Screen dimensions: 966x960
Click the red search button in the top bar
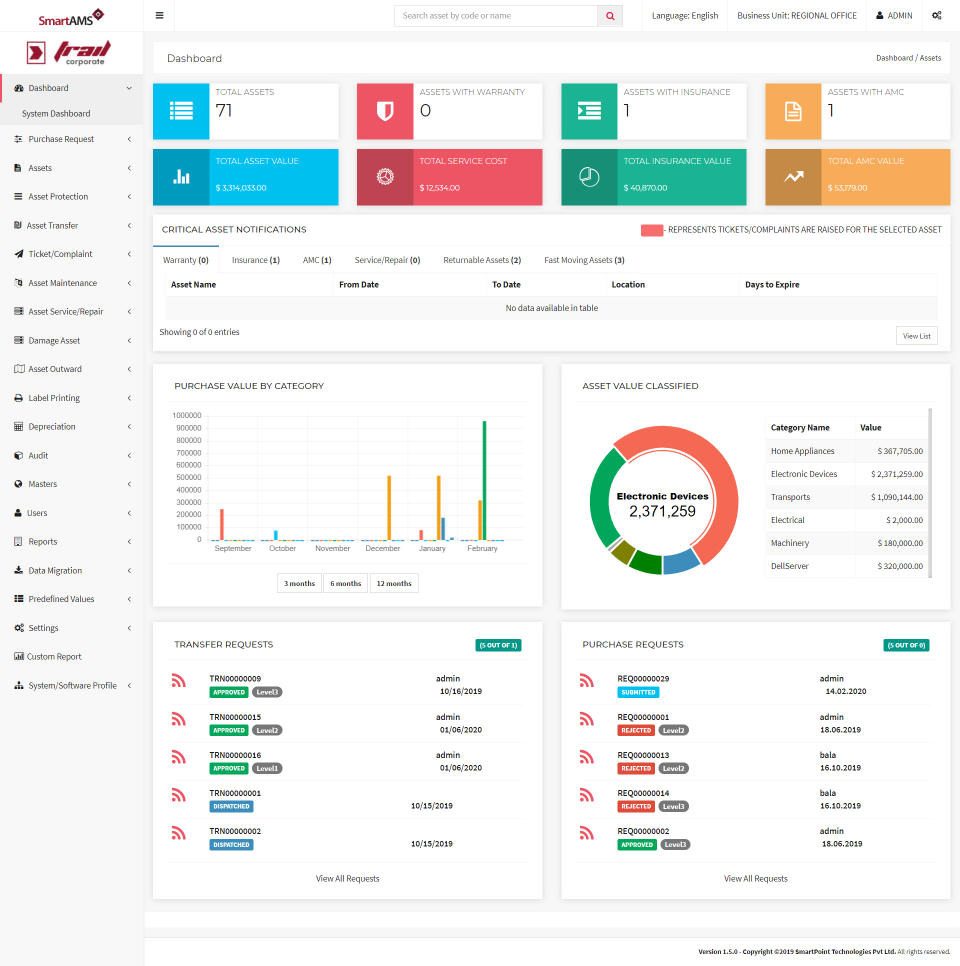tap(610, 16)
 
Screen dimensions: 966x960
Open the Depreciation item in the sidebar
tap(52, 427)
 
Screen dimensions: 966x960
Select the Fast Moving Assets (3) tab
tap(584, 260)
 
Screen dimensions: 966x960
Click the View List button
tap(916, 336)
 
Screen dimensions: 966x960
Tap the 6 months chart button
tap(345, 583)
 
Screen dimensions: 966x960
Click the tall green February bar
tap(485, 480)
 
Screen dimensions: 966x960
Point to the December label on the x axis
tap(383, 548)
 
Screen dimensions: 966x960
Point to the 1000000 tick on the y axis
tap(187, 416)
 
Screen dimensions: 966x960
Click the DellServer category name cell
tap(790, 566)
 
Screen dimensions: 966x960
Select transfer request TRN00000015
tap(235, 717)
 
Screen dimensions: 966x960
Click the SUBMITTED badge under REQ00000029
tap(638, 692)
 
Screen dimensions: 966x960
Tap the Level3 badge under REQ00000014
tap(673, 807)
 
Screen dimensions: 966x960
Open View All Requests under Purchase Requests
tap(755, 879)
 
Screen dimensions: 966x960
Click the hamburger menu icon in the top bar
tap(160, 16)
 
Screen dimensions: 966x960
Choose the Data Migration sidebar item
tap(55, 571)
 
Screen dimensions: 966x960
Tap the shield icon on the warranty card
tap(385, 111)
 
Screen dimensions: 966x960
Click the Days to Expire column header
tap(772, 285)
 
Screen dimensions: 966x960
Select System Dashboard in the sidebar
tap(56, 114)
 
